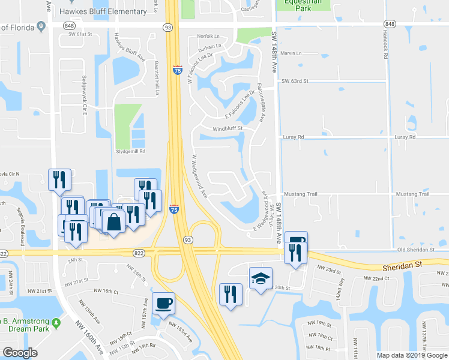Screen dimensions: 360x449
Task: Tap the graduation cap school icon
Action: coord(261,278)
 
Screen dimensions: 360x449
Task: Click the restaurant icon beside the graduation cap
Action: coord(231,294)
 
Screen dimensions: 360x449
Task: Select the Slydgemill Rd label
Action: coord(130,151)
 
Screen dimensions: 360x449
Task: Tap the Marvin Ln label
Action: coord(291,53)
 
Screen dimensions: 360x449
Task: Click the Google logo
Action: coord(20,353)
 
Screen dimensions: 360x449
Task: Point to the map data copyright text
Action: coord(411,355)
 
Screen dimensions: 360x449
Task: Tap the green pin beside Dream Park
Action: coord(56,324)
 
